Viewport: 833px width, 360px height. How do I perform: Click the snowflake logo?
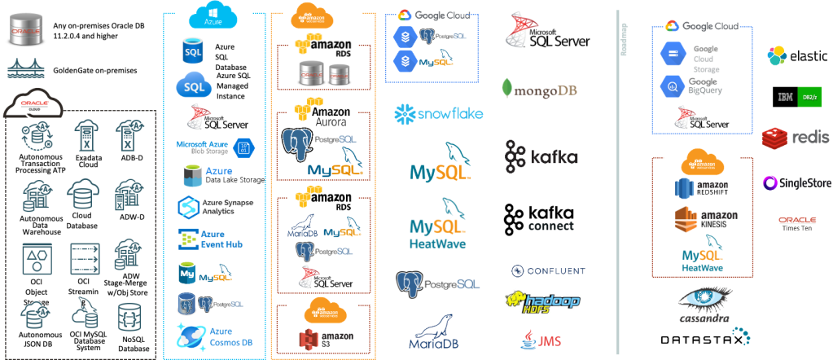438,113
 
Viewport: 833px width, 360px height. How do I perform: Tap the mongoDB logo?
539,88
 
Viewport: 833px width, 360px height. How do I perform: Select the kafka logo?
541,156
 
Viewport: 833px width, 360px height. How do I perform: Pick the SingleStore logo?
796,184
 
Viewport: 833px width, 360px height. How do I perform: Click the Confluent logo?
548,270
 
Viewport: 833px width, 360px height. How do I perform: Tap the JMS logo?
539,337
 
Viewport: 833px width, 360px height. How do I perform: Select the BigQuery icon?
673,90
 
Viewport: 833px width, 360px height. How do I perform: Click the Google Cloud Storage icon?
673,55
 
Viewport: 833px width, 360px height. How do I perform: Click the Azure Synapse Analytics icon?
189,205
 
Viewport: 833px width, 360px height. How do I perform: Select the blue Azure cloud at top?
213,16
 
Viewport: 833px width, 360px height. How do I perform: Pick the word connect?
550,226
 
